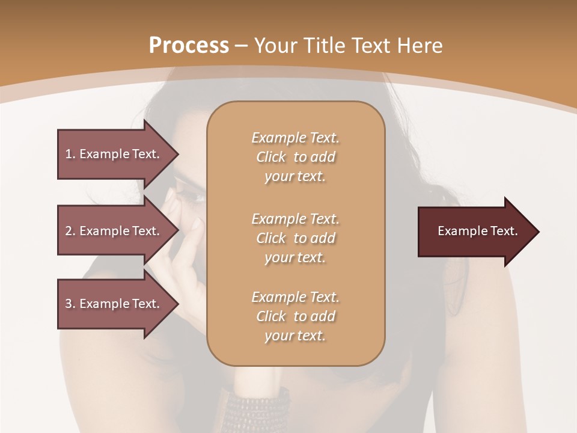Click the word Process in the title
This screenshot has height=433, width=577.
point(189,46)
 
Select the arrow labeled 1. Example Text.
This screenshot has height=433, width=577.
point(114,154)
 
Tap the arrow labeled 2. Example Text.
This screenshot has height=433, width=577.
point(114,231)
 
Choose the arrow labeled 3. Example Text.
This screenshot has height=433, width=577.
point(114,304)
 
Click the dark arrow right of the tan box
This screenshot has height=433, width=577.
point(475,232)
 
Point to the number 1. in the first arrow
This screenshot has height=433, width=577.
point(70,154)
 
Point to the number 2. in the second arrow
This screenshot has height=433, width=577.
point(70,231)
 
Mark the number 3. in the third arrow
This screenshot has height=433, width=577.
point(70,304)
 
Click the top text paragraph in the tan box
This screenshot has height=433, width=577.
point(295,157)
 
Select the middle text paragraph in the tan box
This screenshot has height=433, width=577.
point(295,238)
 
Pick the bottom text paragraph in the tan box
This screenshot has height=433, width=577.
point(295,316)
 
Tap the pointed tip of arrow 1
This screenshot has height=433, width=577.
point(177,154)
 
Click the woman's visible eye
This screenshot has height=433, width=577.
point(194,194)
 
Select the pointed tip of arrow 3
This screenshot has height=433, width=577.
point(177,304)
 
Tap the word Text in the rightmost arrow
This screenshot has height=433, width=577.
point(504,231)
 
